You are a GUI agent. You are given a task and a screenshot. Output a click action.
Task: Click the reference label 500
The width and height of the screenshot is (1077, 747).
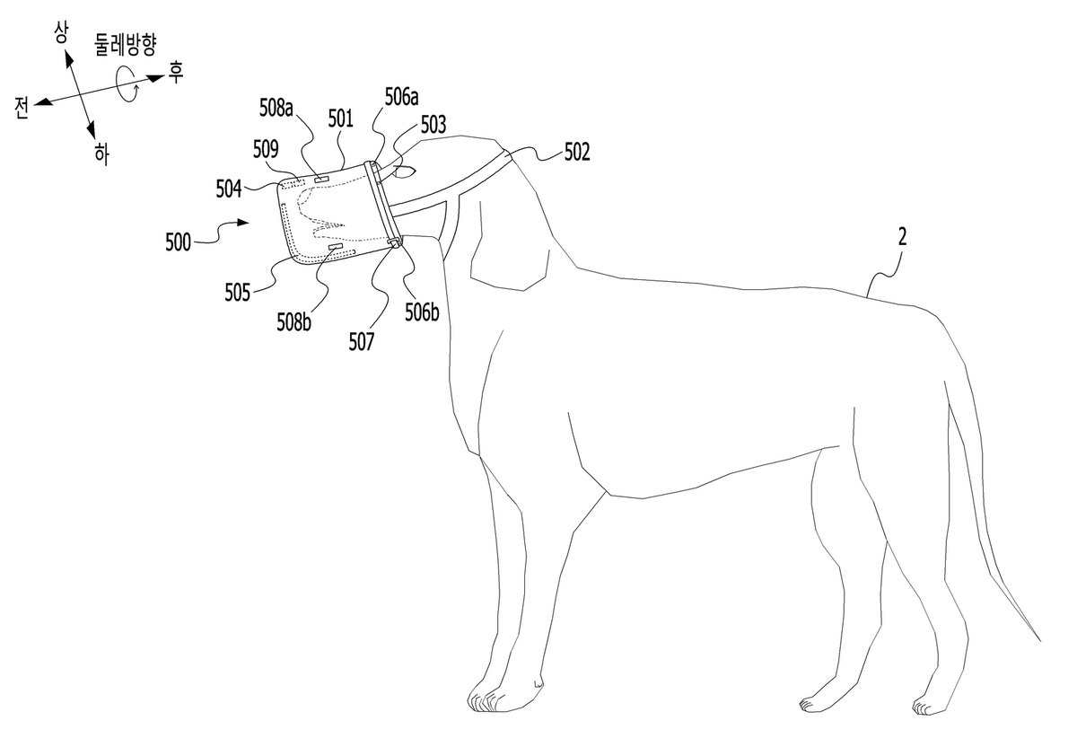pos(178,242)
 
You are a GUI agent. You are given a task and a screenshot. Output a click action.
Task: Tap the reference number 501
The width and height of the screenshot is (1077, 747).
pos(340,119)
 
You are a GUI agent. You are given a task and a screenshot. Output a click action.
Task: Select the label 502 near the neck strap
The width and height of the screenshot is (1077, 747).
pos(576,152)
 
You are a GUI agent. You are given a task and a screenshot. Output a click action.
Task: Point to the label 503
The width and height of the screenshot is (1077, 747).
pos(433,125)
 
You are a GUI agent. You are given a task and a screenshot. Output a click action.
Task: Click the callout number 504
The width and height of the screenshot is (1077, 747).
pos(228,189)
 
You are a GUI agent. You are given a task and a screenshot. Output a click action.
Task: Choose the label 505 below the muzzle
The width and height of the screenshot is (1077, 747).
pos(238,293)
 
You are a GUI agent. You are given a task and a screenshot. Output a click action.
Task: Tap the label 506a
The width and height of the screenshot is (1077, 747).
pos(401,97)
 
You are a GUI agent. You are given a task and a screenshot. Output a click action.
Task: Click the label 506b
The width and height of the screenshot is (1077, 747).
pos(422,312)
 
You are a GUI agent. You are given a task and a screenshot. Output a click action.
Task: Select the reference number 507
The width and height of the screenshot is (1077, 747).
pos(361,342)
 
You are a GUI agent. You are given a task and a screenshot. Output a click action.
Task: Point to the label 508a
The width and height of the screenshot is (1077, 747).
pos(276,109)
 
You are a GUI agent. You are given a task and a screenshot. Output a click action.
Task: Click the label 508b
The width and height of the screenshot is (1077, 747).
pos(293,321)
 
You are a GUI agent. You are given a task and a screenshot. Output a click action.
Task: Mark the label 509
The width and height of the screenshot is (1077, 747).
pos(266,150)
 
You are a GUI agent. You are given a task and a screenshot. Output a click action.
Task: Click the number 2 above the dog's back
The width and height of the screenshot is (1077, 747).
pos(903,237)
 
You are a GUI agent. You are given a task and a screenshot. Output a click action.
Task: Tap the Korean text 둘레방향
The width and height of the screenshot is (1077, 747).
pos(126,46)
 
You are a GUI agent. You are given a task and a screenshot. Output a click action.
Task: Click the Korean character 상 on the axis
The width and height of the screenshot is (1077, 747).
pos(62,33)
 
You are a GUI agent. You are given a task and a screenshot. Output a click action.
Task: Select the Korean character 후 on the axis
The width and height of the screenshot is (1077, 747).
pos(175,73)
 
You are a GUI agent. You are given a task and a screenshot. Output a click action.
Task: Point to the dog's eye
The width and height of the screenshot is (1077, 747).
pos(403,171)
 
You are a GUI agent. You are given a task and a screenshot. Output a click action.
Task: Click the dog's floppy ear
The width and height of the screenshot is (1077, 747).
pos(511,245)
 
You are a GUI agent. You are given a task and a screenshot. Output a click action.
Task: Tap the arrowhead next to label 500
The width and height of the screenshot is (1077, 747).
pos(243,223)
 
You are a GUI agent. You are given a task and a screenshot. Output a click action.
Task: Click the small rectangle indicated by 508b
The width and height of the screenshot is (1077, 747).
pos(335,247)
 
